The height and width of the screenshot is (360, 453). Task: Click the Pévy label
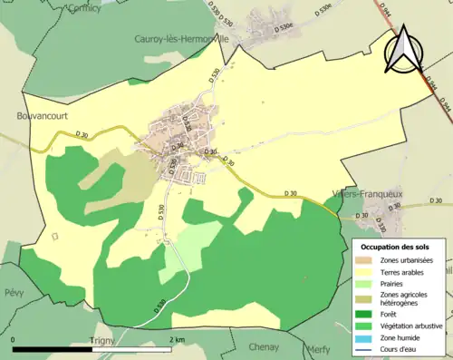point(14,294)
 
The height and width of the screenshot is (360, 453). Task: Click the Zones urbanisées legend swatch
point(368,260)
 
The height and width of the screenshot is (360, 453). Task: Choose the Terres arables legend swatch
point(368,271)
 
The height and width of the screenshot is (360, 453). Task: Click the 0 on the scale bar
point(14,339)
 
